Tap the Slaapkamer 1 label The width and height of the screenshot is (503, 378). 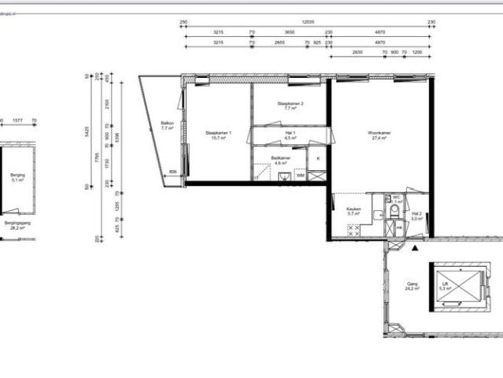[218, 133]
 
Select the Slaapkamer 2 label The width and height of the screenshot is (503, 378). [290, 104]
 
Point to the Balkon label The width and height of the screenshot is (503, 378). [167, 124]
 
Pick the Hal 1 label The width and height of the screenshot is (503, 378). [290, 134]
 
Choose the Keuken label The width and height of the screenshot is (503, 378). [353, 209]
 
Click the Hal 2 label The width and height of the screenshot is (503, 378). [416, 213]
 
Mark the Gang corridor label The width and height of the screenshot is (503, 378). [412, 284]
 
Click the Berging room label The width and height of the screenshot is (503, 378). [17, 176]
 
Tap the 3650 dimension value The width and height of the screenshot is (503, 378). [290, 32]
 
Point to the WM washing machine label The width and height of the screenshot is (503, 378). [300, 175]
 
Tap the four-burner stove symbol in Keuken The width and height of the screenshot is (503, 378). [354, 230]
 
